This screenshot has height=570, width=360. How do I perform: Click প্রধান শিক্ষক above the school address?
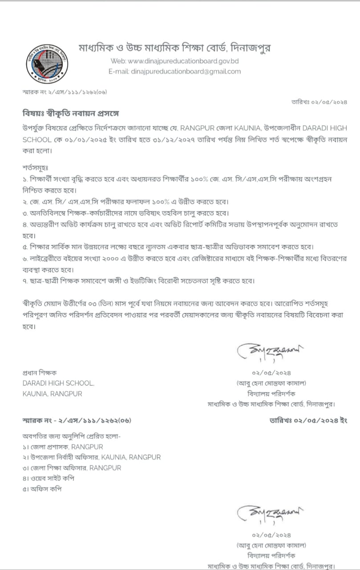point(40,372)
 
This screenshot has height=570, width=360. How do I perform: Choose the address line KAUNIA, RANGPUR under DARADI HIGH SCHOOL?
point(53,394)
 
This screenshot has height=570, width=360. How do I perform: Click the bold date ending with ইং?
point(308,420)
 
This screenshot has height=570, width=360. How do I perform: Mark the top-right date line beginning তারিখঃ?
point(319,102)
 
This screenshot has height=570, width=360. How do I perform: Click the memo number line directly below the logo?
point(65,92)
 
